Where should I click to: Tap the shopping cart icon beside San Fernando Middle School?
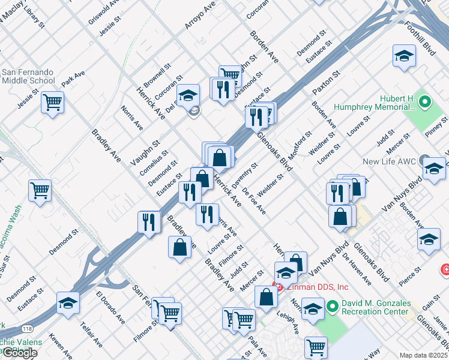pos(53,103)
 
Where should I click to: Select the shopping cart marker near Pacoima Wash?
pos(40,191)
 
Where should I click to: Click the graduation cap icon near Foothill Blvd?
pos(405,57)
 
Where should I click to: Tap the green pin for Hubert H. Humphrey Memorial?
pos(426,101)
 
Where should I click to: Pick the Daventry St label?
pos(245,173)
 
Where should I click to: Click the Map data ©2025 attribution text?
pos(423,355)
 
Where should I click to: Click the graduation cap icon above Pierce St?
pos(429,239)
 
